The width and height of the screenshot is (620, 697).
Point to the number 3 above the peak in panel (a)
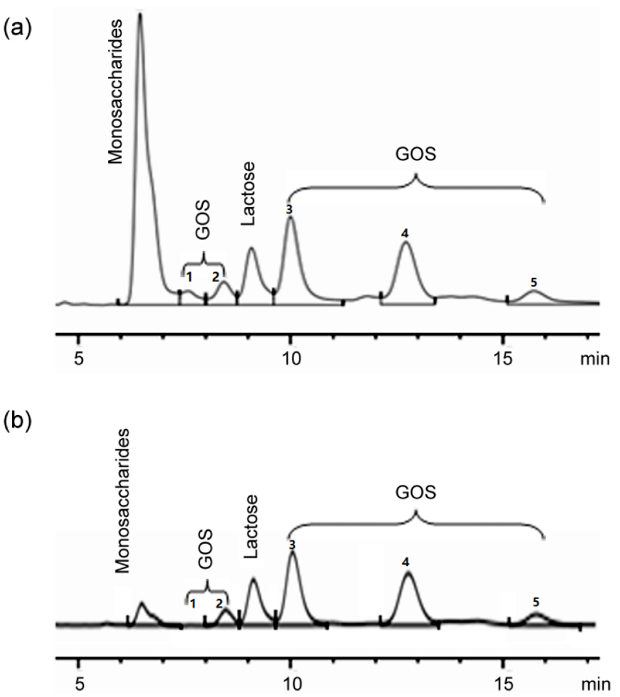click(x=289, y=210)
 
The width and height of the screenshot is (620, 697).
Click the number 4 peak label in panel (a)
click(x=405, y=234)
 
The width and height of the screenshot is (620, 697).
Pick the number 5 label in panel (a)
click(x=534, y=282)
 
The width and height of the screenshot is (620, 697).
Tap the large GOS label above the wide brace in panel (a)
click(x=416, y=154)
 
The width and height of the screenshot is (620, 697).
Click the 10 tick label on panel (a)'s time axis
click(x=290, y=359)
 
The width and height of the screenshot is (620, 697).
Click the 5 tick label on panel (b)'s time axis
click(x=79, y=684)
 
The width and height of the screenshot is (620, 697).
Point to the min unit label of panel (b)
click(x=595, y=684)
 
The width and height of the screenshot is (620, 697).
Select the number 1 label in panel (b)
click(x=193, y=604)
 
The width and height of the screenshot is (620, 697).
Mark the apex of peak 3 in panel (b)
click(x=292, y=552)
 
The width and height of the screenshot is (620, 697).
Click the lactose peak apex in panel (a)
click(x=251, y=248)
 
